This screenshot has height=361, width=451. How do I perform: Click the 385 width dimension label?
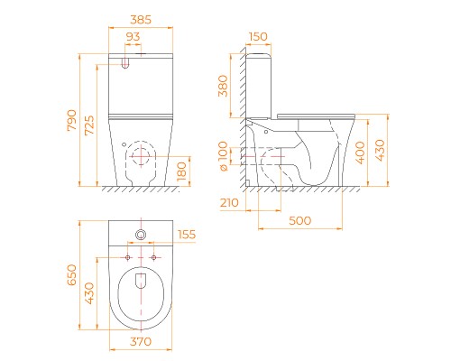tap(141, 20)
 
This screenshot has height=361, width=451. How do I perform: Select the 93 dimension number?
tap(133, 37)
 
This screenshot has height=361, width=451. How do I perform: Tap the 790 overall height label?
tap(71, 120)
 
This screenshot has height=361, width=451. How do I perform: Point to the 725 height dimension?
tap(89, 125)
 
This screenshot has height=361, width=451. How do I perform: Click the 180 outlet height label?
tap(181, 171)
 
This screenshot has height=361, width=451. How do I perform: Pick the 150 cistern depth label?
tap(258, 37)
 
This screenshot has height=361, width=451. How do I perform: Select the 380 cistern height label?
tap(223, 86)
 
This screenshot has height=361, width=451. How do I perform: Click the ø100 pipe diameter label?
tap(223, 156)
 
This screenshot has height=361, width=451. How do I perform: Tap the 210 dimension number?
tap(229, 203)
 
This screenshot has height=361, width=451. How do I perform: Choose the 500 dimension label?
tap(299, 220)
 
